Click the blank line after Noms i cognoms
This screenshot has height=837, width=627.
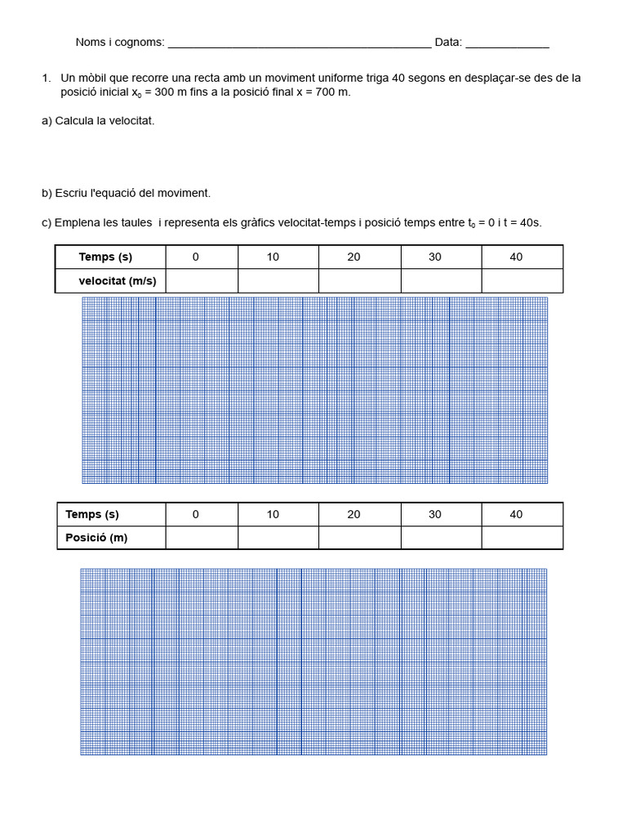pos(298,43)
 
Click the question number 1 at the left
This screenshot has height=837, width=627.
pos(46,78)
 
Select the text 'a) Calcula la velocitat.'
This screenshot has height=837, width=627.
pos(98,121)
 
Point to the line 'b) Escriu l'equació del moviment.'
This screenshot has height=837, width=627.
pos(126,193)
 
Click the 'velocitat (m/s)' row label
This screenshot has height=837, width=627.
pos(117,281)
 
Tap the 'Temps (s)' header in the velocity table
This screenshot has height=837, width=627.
pos(105,257)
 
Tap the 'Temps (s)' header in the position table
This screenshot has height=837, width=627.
pos(92,514)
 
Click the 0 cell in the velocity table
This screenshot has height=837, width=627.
pos(196,257)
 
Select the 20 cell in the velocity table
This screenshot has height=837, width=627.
pos(354,257)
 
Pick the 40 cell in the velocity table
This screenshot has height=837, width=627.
pos(516,257)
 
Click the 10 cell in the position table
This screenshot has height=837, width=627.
pos(273,514)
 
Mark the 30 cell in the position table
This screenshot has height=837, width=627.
pos(434,514)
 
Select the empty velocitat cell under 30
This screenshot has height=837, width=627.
pos(441,281)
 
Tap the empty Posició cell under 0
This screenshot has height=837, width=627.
pos(202,538)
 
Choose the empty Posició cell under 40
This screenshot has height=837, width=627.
pos(522,538)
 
